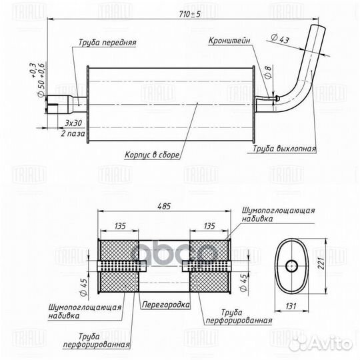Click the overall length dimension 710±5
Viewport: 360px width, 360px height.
click(x=189, y=14)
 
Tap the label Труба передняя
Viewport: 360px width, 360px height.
click(x=107, y=43)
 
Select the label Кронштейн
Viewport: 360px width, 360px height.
click(x=229, y=41)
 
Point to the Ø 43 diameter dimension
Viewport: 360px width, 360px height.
click(x=279, y=39)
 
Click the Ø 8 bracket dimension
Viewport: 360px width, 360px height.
click(x=268, y=72)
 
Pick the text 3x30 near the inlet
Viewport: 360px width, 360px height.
click(x=73, y=123)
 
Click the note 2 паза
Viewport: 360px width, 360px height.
click(x=73, y=133)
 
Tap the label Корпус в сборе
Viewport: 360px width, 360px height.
click(x=152, y=155)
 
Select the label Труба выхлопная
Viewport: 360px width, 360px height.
click(x=284, y=149)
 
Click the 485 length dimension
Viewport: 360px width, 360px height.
click(x=164, y=206)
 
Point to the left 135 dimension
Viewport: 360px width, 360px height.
click(x=120, y=226)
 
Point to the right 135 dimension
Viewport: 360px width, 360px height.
click(x=209, y=226)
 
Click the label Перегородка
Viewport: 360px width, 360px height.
click(x=166, y=305)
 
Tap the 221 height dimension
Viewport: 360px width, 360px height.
click(x=321, y=263)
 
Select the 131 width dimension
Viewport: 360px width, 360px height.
click(x=291, y=306)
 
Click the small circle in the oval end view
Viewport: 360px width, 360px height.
click(x=291, y=266)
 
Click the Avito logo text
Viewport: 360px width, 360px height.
click(x=331, y=344)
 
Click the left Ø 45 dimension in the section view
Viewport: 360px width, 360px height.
click(x=83, y=287)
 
